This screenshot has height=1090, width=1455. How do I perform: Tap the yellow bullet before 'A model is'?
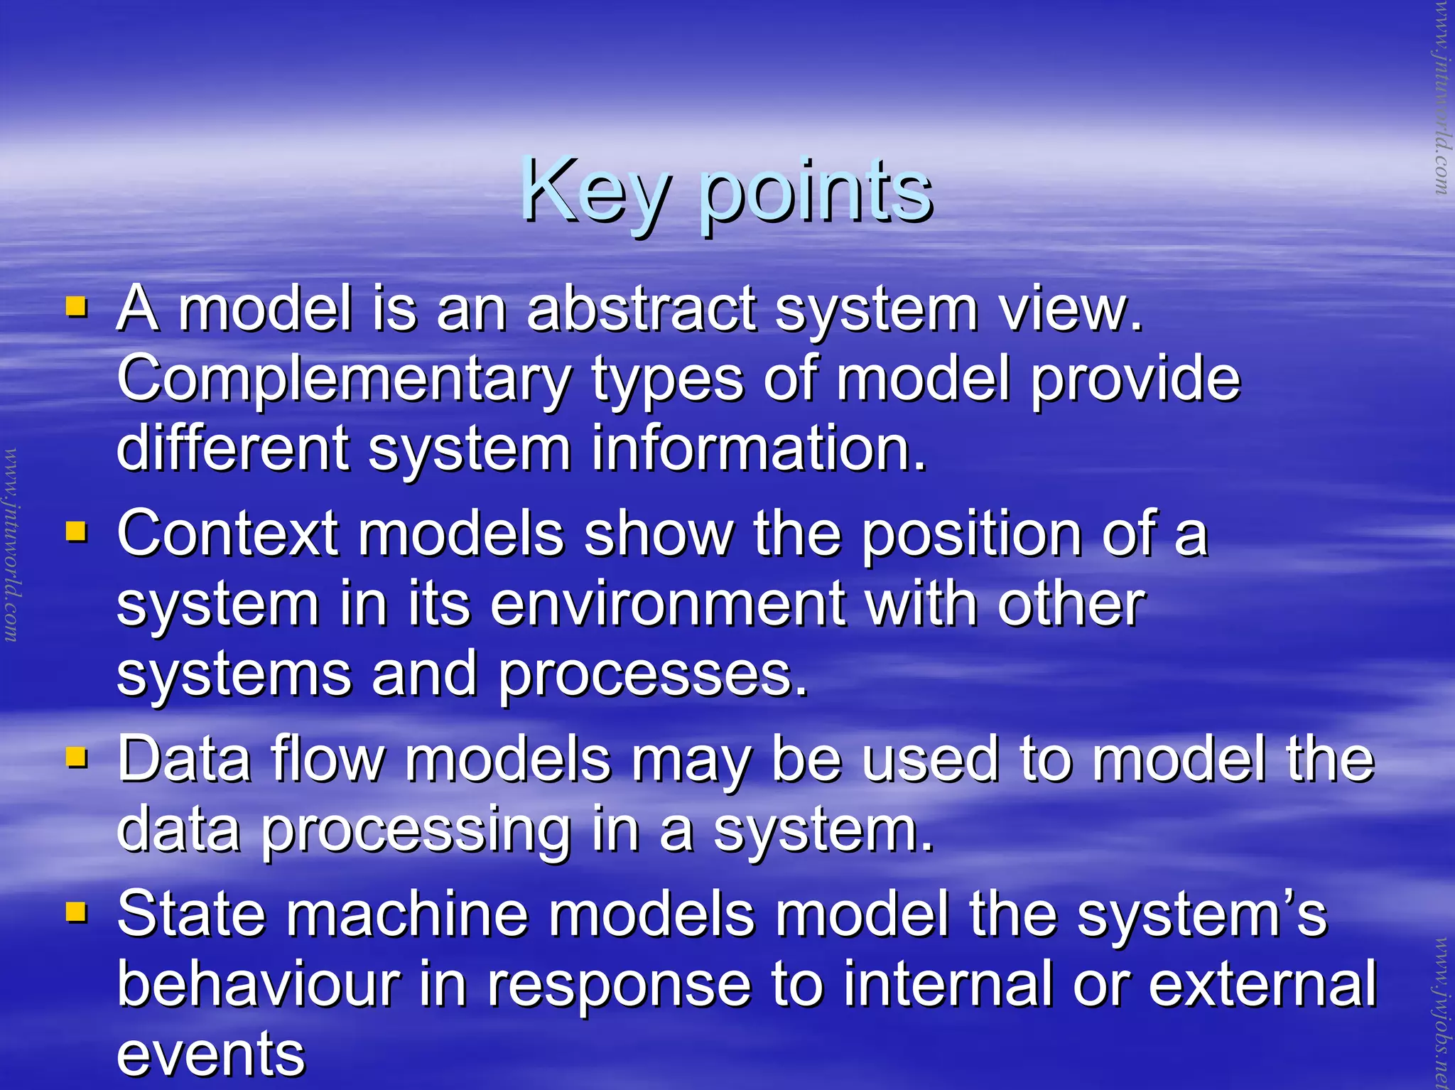pos(76,308)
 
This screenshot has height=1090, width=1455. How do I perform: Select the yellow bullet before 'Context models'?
pos(76,531)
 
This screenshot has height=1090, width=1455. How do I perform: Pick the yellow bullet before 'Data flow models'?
pos(76,757)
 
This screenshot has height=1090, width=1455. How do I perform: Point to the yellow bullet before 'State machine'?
pos(76,912)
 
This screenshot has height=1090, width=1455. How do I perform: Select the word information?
pos(759,448)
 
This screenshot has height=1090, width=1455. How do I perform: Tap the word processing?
pos(416,831)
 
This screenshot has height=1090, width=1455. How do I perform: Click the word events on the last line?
pos(211,1054)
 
